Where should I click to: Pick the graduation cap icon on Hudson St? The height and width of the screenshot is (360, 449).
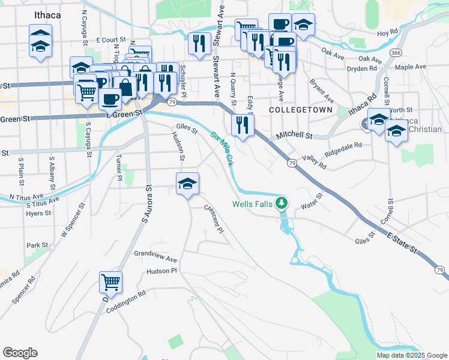[x=187, y=184]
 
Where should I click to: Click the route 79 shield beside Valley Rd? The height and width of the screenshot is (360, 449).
[x=292, y=163]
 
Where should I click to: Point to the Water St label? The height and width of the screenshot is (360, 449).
[x=312, y=202]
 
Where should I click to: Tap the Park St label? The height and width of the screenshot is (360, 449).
[x=37, y=245]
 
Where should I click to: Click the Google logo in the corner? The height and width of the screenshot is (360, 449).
[x=20, y=353]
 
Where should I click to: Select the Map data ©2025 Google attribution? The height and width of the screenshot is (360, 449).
[x=411, y=355]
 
